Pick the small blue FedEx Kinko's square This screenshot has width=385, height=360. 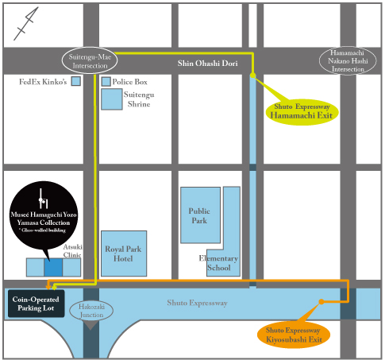[76, 81]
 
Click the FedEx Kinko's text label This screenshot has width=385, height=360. [44, 81]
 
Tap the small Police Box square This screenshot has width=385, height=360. [106, 81]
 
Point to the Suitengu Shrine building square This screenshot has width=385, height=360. [112, 99]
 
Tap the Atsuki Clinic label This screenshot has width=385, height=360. [73, 251]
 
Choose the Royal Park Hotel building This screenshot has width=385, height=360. [124, 254]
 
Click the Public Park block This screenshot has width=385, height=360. [199, 215]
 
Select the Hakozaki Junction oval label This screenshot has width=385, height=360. [92, 312]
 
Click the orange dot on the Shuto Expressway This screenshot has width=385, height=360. [321, 302]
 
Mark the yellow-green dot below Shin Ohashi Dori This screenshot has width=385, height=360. [252, 75]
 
